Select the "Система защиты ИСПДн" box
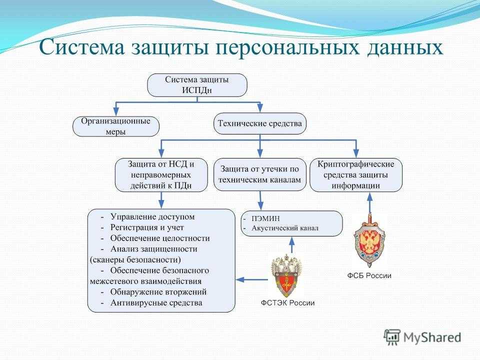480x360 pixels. tap(197, 85)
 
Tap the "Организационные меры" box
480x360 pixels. tap(116, 126)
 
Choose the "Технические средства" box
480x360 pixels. tap(260, 123)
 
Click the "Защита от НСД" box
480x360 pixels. tap(160, 175)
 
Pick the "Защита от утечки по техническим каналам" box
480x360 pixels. tap(260, 174)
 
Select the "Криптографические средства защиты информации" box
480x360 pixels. tap(356, 174)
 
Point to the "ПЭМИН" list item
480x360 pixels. tap(265, 218)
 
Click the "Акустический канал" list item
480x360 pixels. tap(285, 228)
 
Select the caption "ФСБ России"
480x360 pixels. tap(369, 275)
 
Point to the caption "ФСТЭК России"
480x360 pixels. tap(287, 303)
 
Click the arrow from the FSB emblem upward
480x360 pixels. tap(369, 203)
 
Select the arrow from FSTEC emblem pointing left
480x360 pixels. tap(252, 279)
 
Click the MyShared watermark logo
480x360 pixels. tap(422, 336)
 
